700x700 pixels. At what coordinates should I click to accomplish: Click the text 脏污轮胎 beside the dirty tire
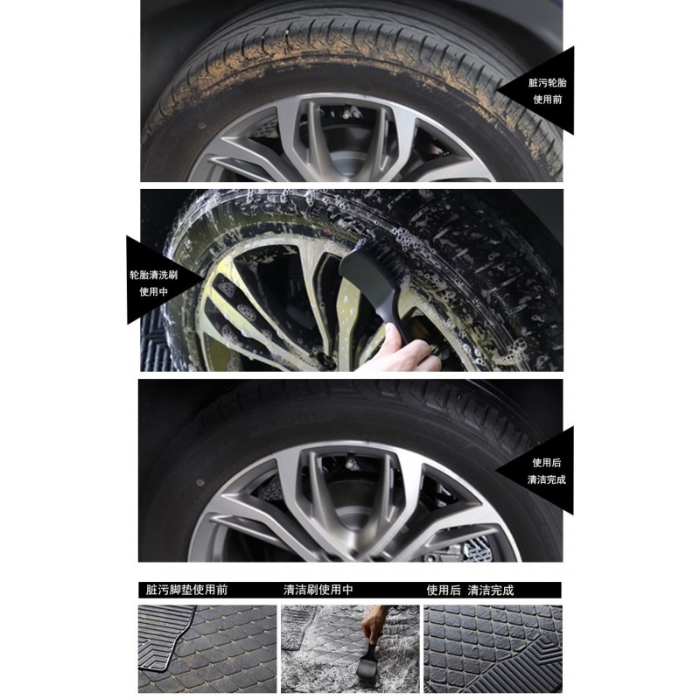point(547,82)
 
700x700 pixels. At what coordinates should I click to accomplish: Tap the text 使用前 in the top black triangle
point(548,100)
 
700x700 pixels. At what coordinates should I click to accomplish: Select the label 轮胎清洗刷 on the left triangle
point(154,275)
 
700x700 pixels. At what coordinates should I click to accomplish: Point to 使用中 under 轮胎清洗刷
point(154,292)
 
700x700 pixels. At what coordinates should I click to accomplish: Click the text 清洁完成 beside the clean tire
point(546,479)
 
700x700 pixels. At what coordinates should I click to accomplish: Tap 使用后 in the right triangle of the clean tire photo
point(546,463)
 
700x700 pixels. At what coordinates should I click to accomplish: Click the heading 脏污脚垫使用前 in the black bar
point(186,590)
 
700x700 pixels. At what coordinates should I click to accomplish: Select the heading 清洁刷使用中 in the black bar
point(318,590)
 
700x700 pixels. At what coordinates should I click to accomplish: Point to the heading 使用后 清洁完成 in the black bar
point(470,590)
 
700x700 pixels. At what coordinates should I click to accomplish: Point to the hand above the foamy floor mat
point(374,624)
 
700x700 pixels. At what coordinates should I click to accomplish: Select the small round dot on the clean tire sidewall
point(200,483)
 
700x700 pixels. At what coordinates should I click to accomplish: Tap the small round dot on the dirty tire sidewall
point(202,125)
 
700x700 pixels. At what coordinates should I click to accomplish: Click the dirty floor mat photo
point(207,648)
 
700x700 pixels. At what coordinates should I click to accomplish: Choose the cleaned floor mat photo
point(493,648)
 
